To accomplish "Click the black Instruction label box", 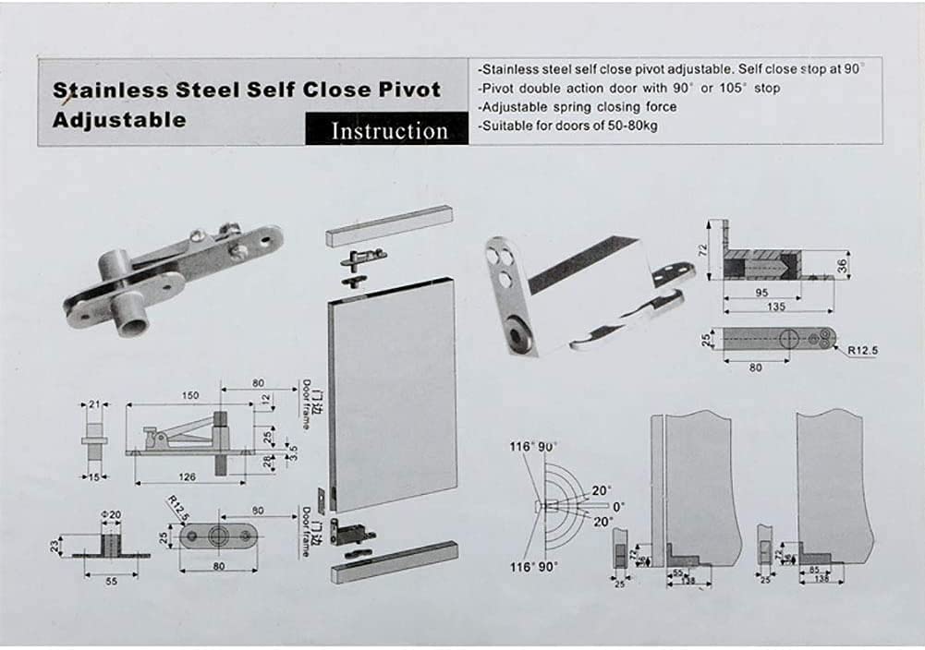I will tap(388, 129).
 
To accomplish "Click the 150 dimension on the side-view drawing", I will tap(189, 396).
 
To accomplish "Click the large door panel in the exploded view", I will tap(393, 397).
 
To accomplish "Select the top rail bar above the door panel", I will tap(388, 225).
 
